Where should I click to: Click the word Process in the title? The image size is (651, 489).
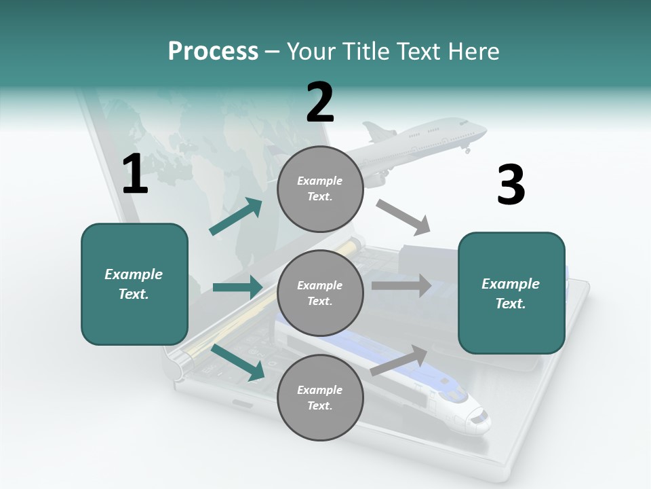(213, 51)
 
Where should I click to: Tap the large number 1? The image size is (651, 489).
(135, 175)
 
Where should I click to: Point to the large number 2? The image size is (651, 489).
(320, 103)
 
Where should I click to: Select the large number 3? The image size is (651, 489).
(511, 185)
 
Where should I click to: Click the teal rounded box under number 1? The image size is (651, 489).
(134, 284)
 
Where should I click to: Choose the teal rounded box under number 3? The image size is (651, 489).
(511, 293)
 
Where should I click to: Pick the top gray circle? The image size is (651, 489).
(320, 189)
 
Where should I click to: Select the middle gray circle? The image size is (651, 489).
(320, 293)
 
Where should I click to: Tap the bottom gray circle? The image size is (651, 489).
(320, 397)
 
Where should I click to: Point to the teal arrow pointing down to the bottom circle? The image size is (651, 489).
(238, 362)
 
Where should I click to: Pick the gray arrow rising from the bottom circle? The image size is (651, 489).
(399, 359)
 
